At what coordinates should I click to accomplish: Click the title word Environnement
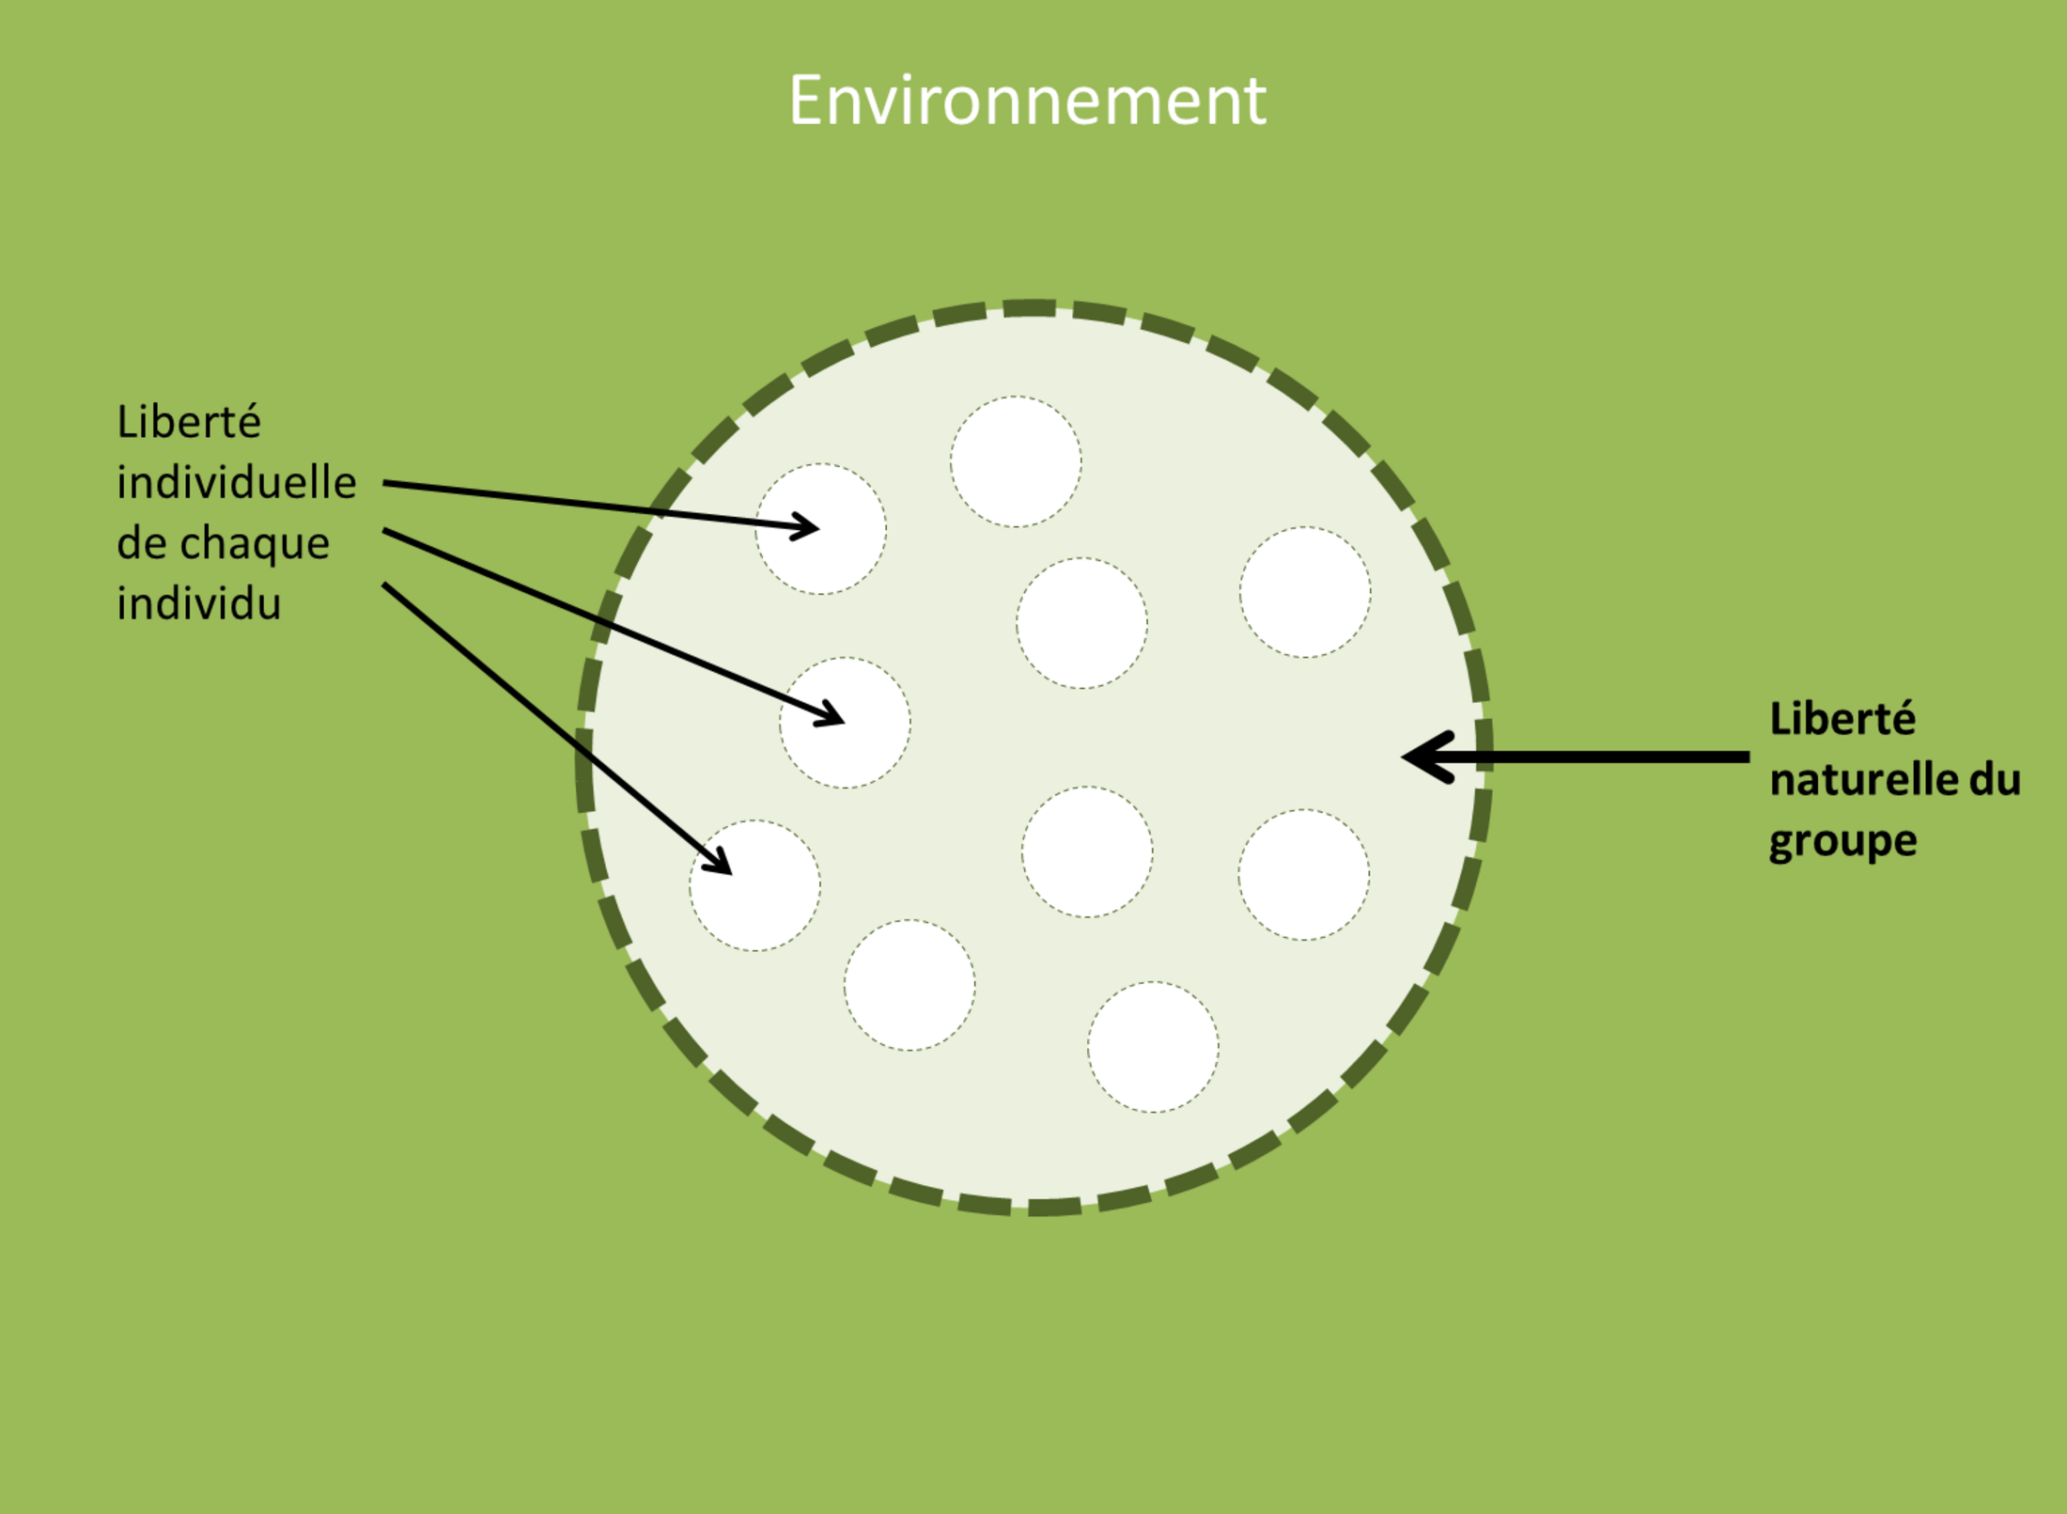pyautogui.click(x=1027, y=101)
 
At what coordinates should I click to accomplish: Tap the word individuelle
pyautogui.click(x=237, y=483)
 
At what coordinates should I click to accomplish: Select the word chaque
pyautogui.click(x=254, y=544)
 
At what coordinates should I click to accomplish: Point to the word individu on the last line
pyautogui.click(x=199, y=603)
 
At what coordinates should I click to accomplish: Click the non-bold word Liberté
pyautogui.click(x=189, y=422)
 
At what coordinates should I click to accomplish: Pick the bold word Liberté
pyautogui.click(x=1842, y=719)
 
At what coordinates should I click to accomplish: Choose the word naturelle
pyautogui.click(x=1855, y=780)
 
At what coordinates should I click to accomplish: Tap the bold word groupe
pyautogui.click(x=1842, y=841)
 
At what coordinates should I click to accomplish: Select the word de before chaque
pyautogui.click(x=141, y=544)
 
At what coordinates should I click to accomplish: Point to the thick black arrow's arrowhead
pyautogui.click(x=1423, y=757)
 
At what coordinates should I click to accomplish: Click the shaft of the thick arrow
pyautogui.click(x=1597, y=757)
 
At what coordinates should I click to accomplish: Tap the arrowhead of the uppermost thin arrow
pyautogui.click(x=806, y=527)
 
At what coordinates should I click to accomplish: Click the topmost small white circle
pyautogui.click(x=1016, y=461)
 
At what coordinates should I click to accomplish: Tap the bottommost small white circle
pyautogui.click(x=1153, y=1047)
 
